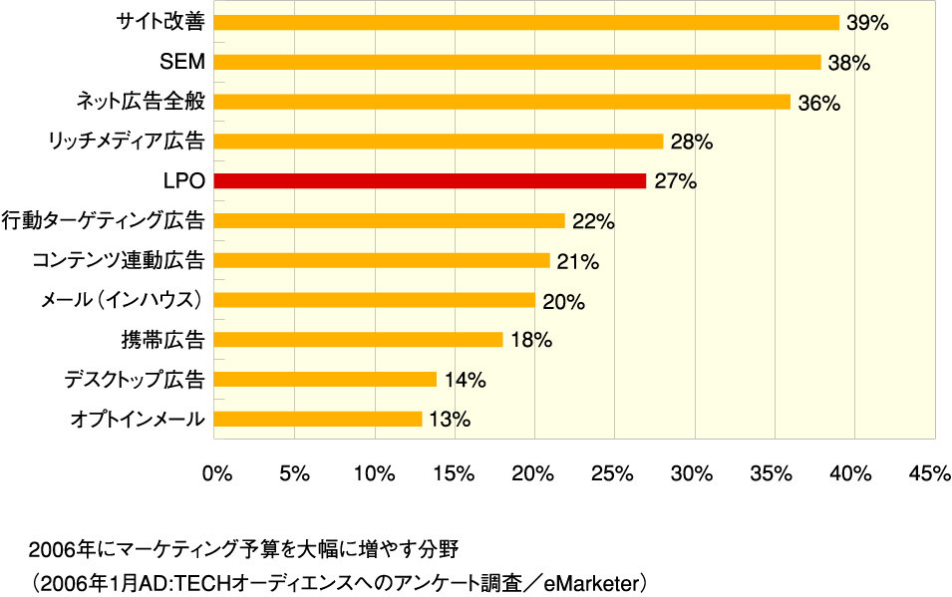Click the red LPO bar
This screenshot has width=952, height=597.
tap(430, 181)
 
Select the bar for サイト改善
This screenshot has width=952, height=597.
tap(526, 22)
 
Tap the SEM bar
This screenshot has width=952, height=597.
tap(517, 62)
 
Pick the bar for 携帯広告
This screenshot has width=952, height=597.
tap(359, 340)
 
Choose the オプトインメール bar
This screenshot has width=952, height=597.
tap(318, 419)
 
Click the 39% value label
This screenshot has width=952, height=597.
tap(866, 22)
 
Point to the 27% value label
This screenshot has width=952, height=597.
tap(675, 181)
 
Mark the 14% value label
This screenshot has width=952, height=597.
tap(465, 380)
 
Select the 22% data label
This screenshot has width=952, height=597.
tap(593, 221)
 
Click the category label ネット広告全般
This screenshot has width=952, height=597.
tap(141, 102)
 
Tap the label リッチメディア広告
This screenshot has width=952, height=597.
tap(126, 142)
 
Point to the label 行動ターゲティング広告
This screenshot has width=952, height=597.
tap(104, 221)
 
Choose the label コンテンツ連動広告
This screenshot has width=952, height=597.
tap(118, 261)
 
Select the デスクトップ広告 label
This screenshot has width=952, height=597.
tap(134, 380)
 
